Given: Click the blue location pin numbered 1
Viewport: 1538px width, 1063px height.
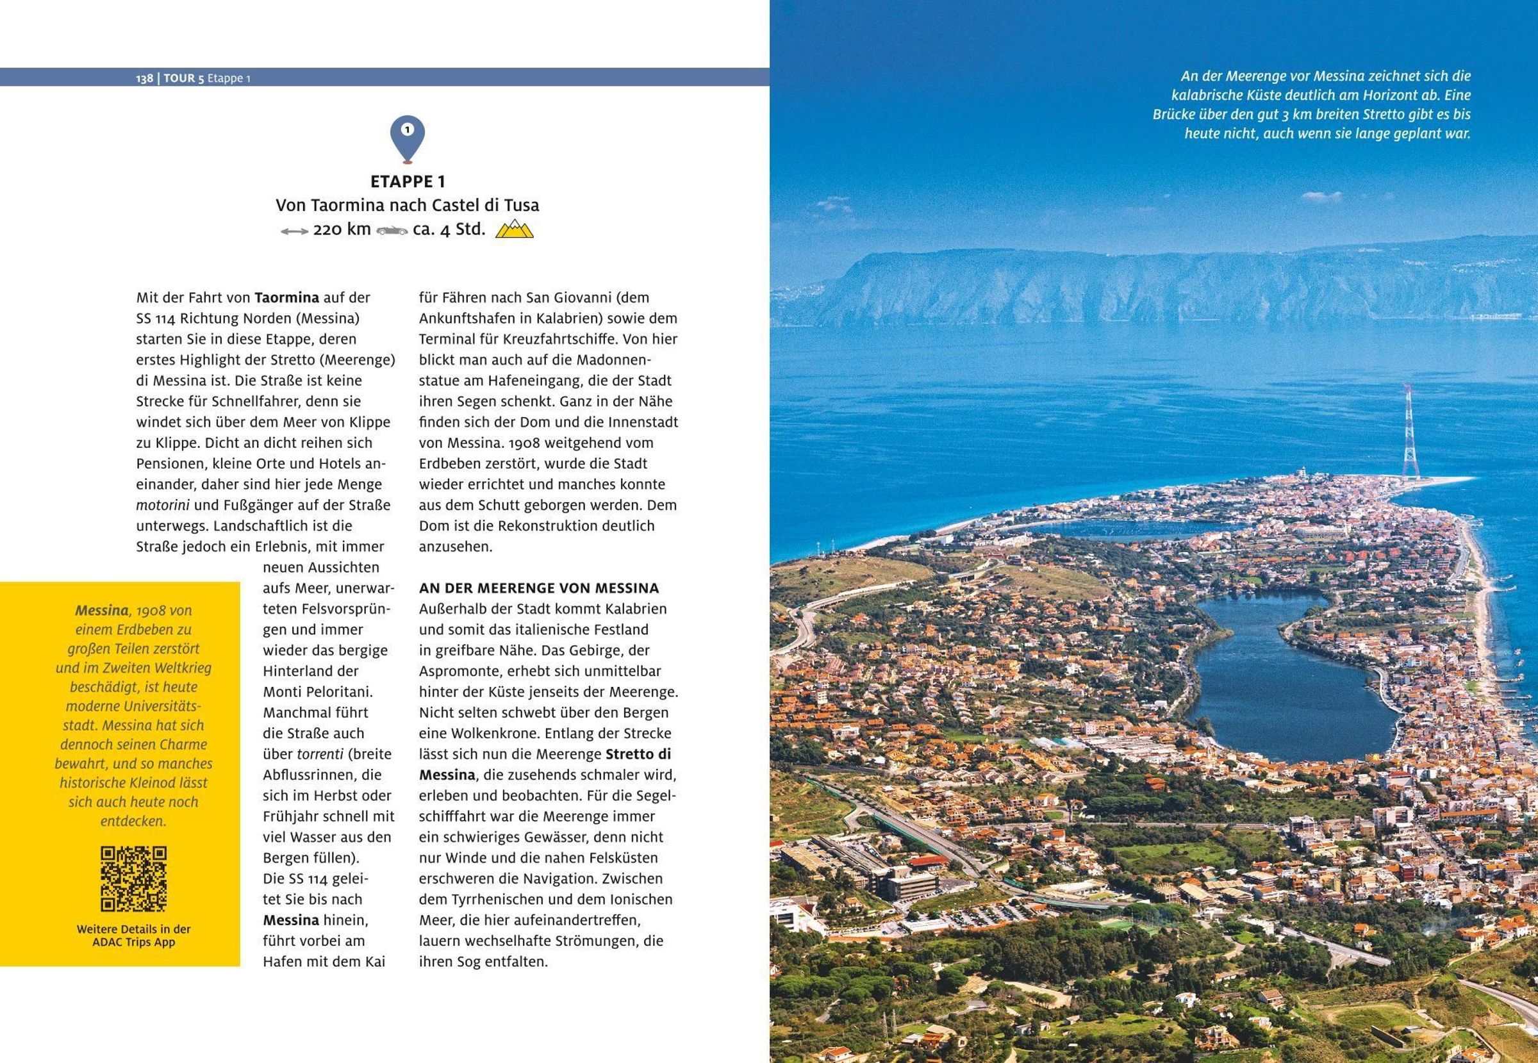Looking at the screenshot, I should tap(407, 137).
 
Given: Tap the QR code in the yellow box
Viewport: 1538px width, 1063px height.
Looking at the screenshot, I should tap(133, 878).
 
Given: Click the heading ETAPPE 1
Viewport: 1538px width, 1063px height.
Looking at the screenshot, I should tap(408, 181).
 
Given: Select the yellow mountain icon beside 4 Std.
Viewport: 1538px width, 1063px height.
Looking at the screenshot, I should tap(514, 230).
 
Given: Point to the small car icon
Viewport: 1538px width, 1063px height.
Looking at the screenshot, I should tap(392, 231).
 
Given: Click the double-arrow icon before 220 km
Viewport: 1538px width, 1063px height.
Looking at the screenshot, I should tap(294, 231).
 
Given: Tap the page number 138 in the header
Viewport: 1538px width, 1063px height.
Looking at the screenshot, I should tap(144, 78).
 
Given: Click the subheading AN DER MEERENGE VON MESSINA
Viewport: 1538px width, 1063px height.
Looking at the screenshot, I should tap(539, 588).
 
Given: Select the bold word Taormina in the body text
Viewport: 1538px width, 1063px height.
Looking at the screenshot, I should tap(287, 298).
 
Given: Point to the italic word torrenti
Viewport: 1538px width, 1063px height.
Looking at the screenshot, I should tap(320, 754).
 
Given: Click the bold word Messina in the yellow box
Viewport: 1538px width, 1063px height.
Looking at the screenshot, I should tap(101, 610).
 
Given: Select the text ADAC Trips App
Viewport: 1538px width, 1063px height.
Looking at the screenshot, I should tap(133, 943).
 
